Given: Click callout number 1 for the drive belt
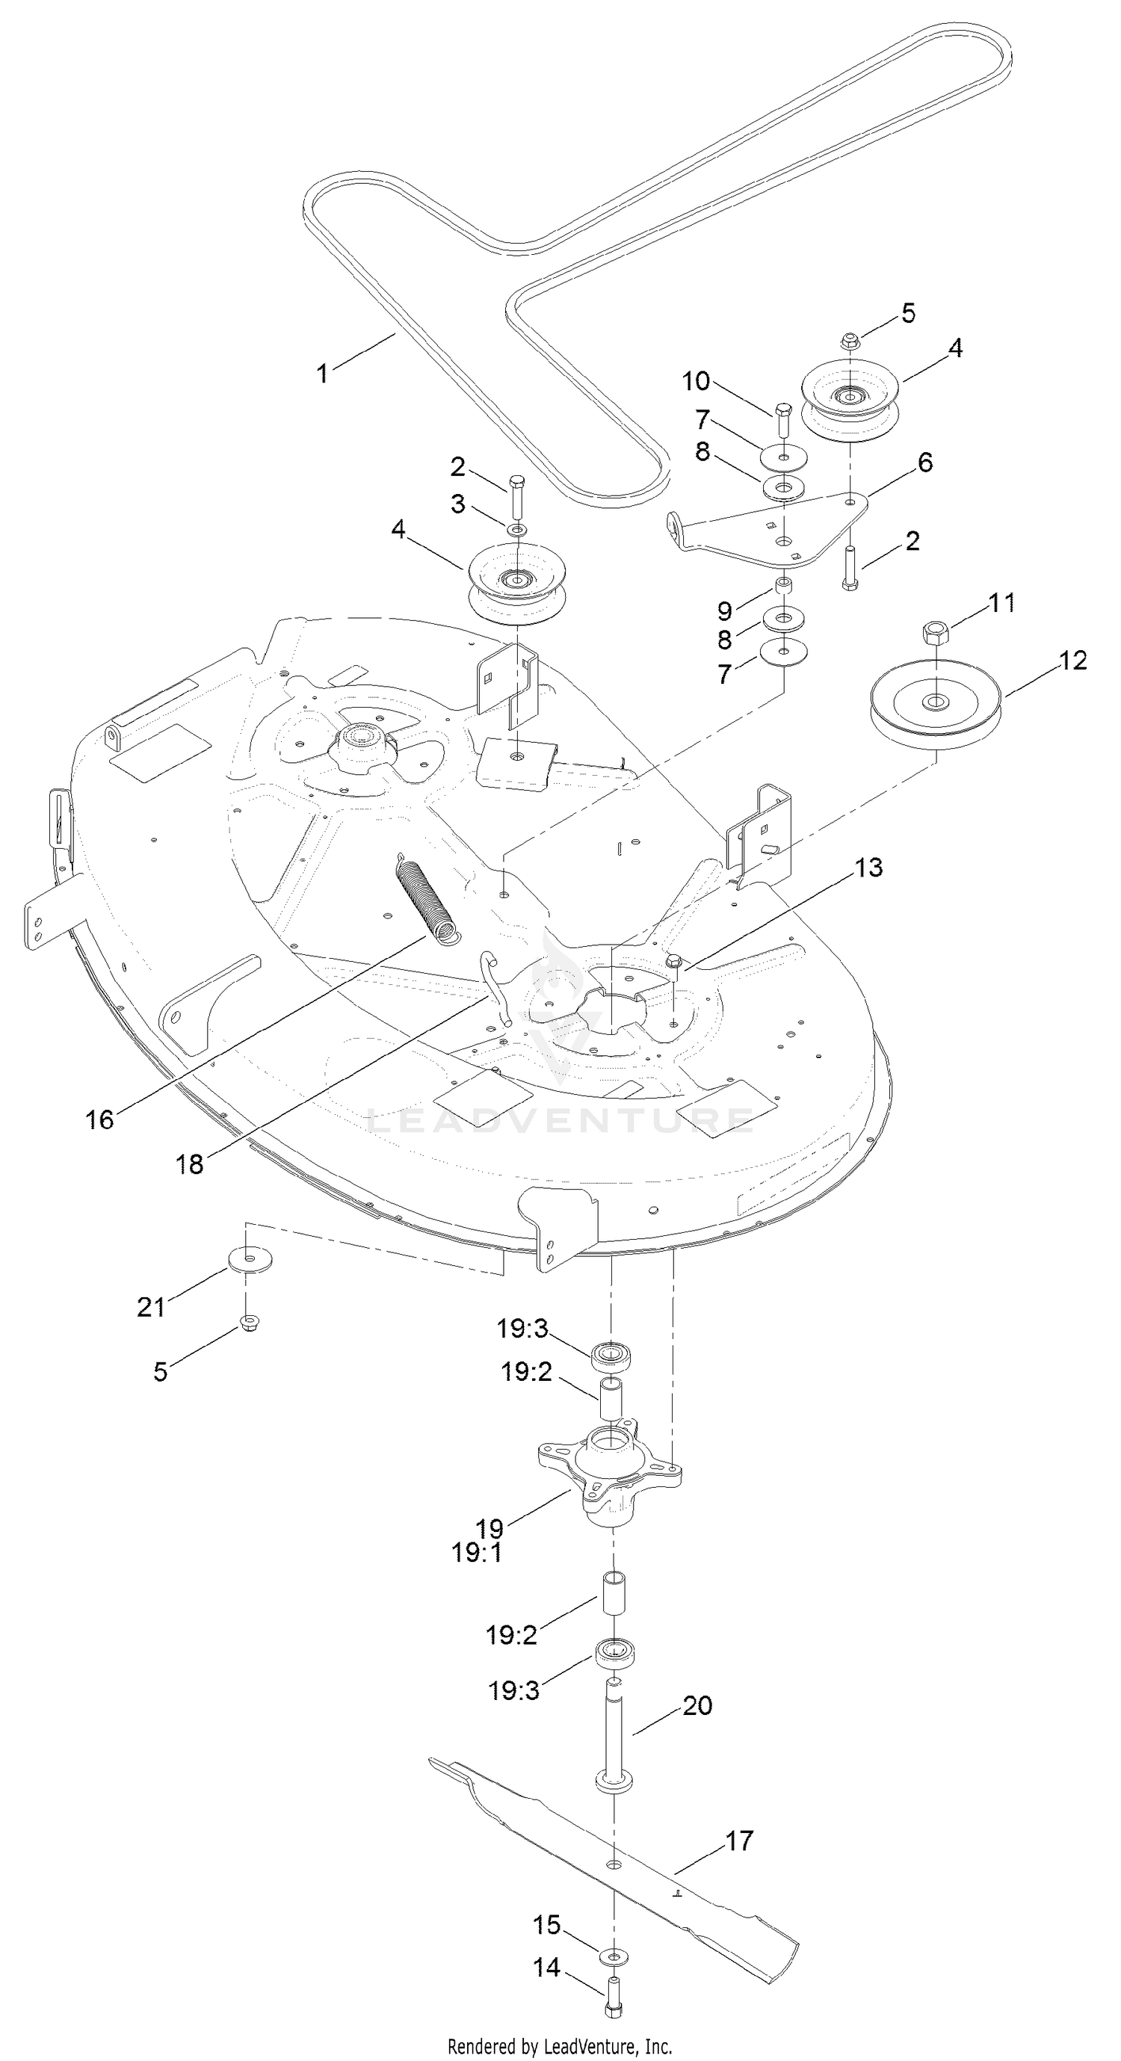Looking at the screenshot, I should pos(322,373).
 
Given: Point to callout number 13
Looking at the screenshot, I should pos(868,868).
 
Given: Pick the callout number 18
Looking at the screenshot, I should pos(190,1164).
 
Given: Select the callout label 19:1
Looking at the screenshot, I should pos(476,1553).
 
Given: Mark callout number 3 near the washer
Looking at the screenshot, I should pos(457,504).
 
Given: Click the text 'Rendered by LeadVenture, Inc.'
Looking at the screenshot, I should pos(559,2045).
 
